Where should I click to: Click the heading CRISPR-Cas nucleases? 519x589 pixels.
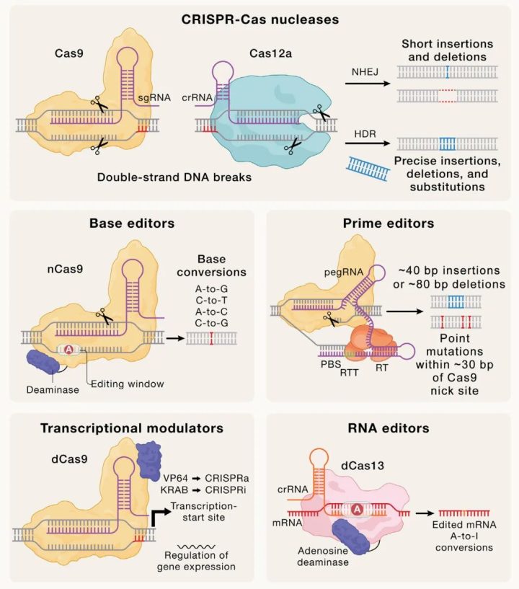[x=259, y=17]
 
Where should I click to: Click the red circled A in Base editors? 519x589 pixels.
[x=69, y=349]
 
